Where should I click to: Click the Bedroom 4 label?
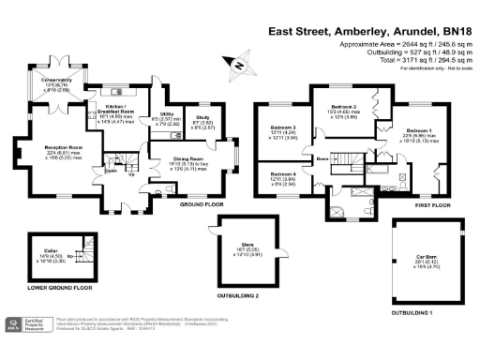284,175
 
